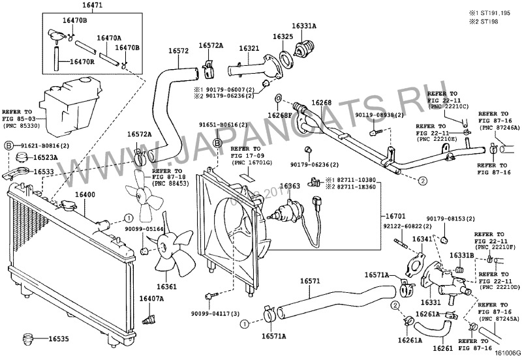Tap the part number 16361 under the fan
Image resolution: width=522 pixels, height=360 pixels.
coord(166,286)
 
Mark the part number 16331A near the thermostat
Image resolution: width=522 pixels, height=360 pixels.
coord(303,25)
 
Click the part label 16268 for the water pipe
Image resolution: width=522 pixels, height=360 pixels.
coord(321,102)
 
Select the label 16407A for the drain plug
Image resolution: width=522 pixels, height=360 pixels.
coord(151,299)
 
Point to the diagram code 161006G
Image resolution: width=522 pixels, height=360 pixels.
coord(506,354)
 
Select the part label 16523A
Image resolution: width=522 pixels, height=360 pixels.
coord(46,157)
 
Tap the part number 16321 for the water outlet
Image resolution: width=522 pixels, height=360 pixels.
coord(249,48)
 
